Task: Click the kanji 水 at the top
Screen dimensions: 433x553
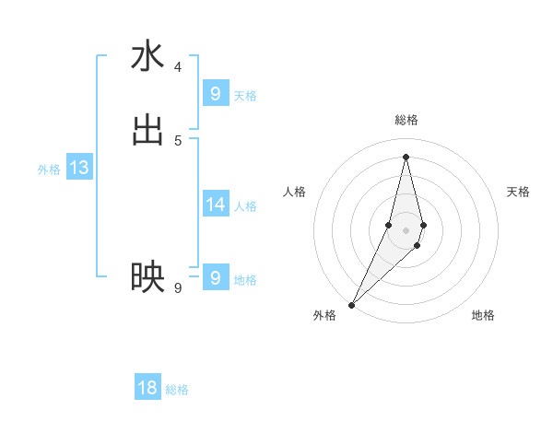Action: point(147,56)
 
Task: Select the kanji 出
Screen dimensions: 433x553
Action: point(147,129)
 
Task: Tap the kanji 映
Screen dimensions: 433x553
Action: point(147,277)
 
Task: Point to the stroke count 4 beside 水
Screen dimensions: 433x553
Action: point(178,67)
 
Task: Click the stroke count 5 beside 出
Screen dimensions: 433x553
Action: point(178,140)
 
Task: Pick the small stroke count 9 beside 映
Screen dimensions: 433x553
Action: point(178,288)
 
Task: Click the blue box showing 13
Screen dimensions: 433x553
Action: point(79,168)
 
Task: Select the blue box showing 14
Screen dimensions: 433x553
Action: point(216,205)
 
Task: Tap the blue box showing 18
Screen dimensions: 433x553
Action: point(147,388)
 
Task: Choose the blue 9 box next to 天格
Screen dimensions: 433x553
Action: point(216,94)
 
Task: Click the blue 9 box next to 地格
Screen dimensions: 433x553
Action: point(216,277)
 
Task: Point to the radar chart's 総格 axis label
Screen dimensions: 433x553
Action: point(406,120)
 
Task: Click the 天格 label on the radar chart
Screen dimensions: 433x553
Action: point(519,192)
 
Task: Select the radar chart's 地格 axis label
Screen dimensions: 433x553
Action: point(483,315)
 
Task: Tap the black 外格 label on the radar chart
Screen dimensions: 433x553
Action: point(324,315)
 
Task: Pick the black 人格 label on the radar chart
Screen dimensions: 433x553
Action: point(294,192)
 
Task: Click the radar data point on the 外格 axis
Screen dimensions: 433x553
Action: point(351,304)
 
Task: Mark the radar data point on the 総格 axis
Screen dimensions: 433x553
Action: point(406,156)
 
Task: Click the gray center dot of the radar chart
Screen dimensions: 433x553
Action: point(406,229)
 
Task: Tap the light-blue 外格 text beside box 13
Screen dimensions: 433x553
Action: point(49,170)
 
